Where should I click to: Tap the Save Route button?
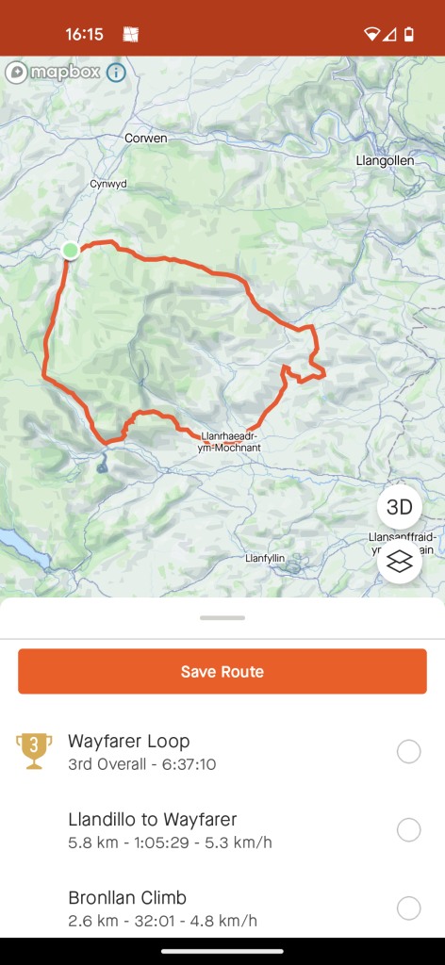click(x=222, y=672)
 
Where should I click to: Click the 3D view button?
click(x=400, y=507)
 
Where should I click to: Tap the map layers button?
click(x=400, y=562)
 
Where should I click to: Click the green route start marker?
click(x=70, y=250)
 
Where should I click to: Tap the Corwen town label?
click(x=146, y=139)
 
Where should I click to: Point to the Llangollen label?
click(x=386, y=161)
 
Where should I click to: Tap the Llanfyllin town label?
click(x=265, y=559)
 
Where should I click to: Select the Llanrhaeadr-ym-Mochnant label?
click(x=230, y=442)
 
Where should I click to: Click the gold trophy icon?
click(x=34, y=750)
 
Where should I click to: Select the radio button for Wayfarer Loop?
click(x=408, y=751)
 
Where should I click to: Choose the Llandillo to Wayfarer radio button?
click(x=408, y=829)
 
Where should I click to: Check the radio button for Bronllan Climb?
click(x=408, y=908)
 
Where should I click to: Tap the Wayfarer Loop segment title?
click(x=129, y=741)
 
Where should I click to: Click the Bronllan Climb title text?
click(x=127, y=897)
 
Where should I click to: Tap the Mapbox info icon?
click(x=116, y=73)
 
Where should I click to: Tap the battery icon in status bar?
click(x=409, y=35)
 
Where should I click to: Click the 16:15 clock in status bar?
click(x=84, y=35)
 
